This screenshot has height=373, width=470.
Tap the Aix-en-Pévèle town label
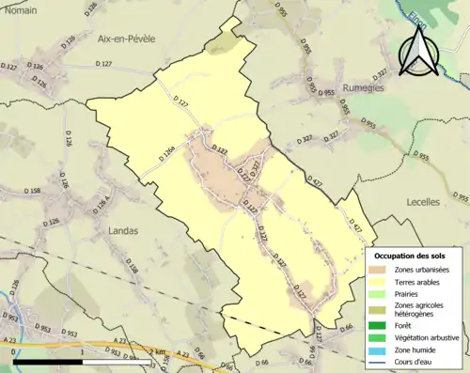127,39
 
